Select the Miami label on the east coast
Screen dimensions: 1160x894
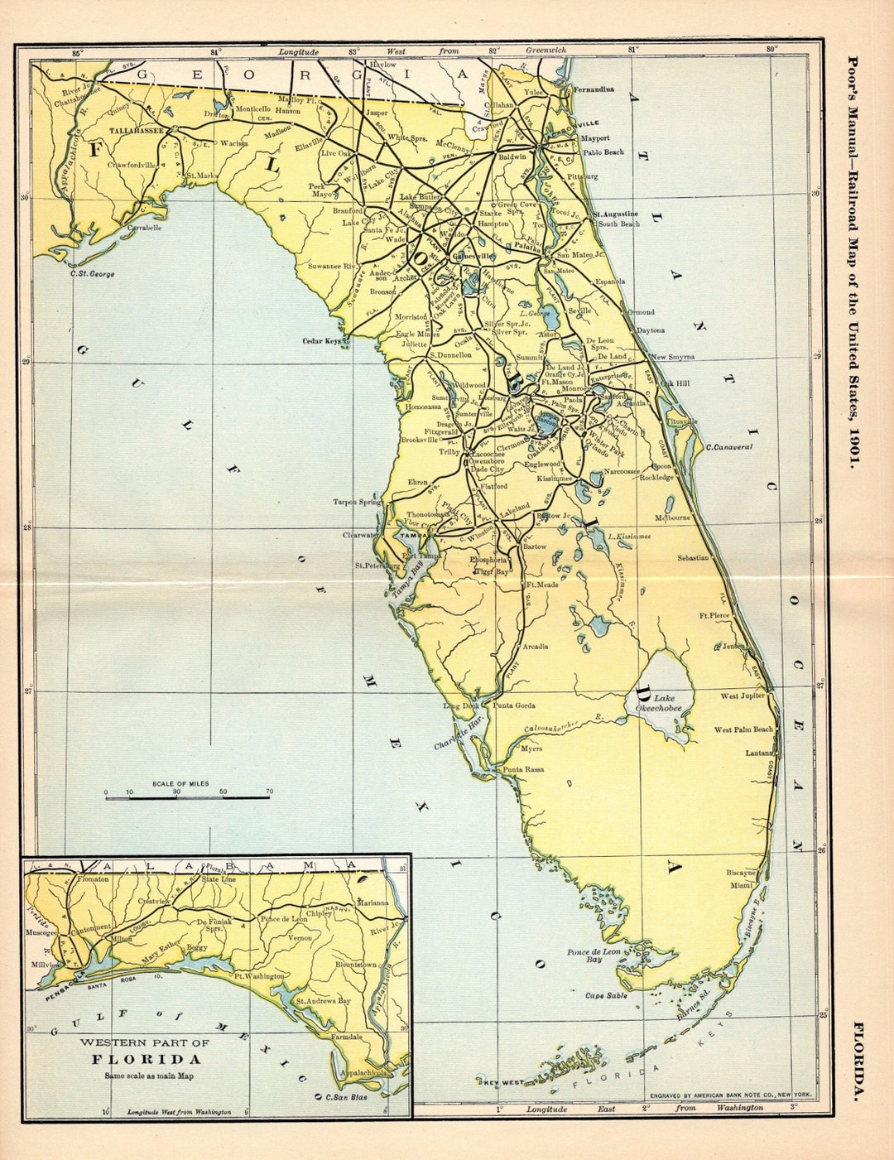click(x=742, y=885)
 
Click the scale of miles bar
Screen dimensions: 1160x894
click(x=187, y=797)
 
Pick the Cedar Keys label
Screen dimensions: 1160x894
click(x=323, y=340)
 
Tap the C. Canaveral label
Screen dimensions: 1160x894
click(x=728, y=447)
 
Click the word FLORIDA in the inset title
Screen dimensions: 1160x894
click(x=146, y=1059)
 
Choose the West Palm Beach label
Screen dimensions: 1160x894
click(x=743, y=729)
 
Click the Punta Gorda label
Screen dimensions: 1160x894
click(x=514, y=705)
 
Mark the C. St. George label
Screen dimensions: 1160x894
click(x=93, y=273)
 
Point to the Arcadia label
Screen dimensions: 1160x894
click(x=535, y=646)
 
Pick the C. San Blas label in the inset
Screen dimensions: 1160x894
click(x=344, y=1097)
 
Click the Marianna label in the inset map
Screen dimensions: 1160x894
click(x=372, y=902)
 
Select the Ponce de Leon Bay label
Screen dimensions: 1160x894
click(x=594, y=955)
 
